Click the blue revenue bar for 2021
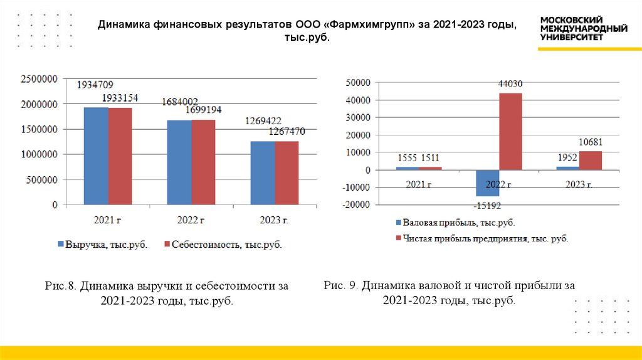[96, 156]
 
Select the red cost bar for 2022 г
[203, 162]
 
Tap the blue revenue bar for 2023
[262, 172]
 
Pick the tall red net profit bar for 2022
[511, 131]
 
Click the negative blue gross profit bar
[488, 183]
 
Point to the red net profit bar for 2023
[591, 161]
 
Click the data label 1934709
[95, 85]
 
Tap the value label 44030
[511, 83]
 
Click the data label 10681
[590, 142]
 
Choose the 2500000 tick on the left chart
[39, 78]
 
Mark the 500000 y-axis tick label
[42, 179]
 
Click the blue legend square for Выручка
[61, 244]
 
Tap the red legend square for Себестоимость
[167, 244]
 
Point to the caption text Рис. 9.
[341, 286]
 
